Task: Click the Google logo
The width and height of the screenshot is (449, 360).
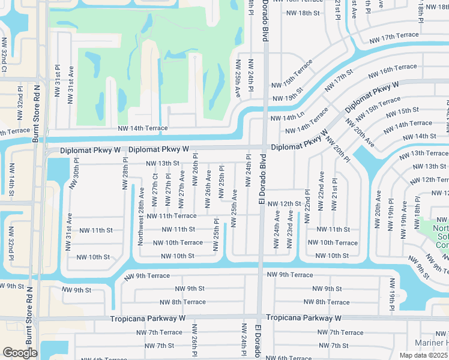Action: tap(20, 353)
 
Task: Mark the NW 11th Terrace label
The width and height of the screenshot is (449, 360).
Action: tap(171, 216)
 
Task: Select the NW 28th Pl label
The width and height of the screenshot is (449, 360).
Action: tap(126, 174)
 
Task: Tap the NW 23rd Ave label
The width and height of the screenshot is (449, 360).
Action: tap(290, 229)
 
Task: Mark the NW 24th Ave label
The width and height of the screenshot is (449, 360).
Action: tap(277, 229)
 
